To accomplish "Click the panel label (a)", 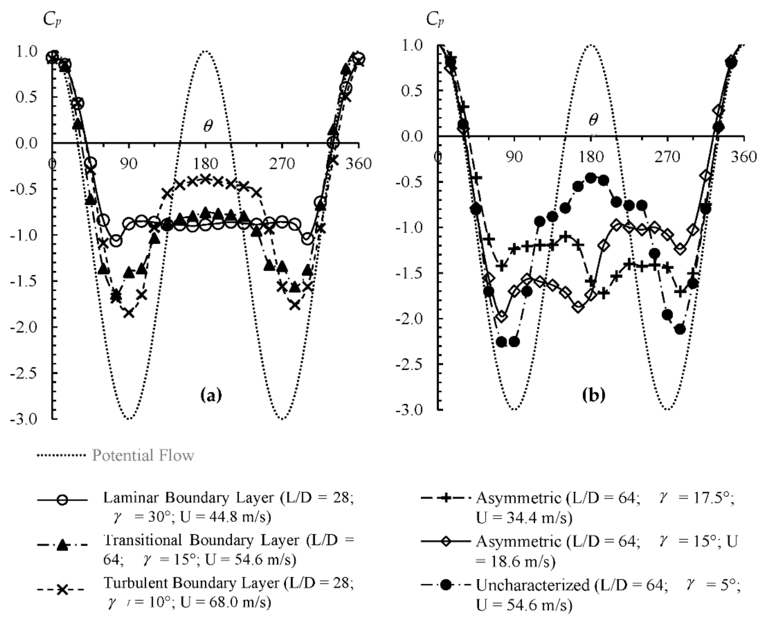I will point(211,395).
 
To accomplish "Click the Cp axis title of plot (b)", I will point(435,20).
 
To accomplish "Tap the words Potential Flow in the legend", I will point(143,455).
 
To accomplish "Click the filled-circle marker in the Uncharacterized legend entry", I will point(446,585).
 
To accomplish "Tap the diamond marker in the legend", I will point(446,542).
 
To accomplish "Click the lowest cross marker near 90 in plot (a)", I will point(129,313).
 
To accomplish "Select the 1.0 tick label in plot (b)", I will point(411,45).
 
